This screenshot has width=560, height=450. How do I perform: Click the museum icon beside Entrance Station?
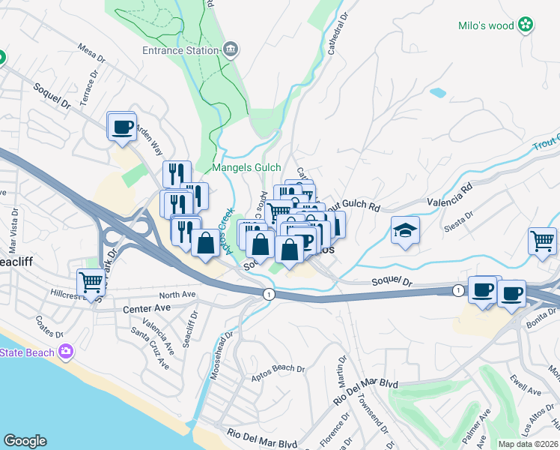pos(231,50)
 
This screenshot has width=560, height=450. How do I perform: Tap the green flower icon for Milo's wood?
pos(527,25)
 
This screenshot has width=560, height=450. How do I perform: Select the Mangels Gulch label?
pos(246,168)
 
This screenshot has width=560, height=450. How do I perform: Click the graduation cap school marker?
pos(405,230)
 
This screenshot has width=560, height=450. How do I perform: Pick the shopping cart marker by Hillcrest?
pos(91,283)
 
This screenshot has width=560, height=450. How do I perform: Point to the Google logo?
pos(25,440)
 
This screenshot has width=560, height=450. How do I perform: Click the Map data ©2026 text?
pos(527,444)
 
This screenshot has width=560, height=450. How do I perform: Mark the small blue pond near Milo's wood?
pos(438,93)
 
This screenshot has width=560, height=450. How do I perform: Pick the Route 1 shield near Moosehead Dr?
pos(268,294)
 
